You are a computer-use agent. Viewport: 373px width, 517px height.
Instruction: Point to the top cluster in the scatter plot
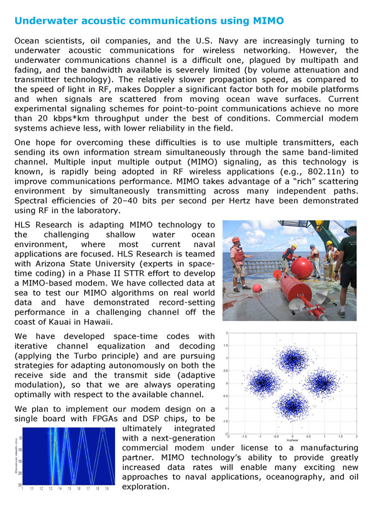[292, 358]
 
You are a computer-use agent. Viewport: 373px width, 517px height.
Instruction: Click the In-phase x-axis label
[292, 445]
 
